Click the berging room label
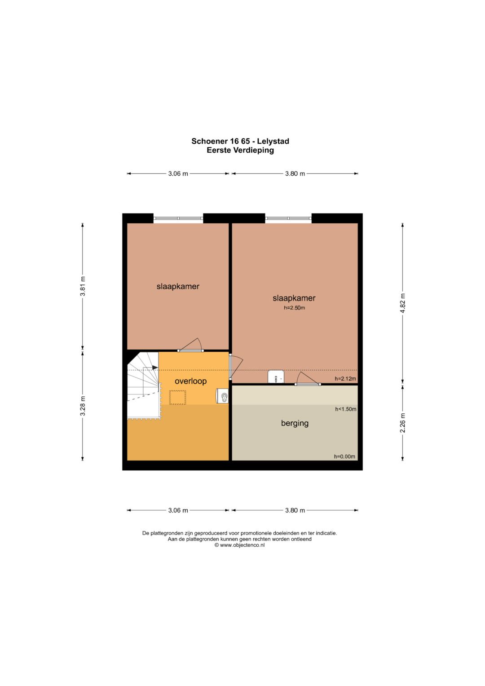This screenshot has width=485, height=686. tap(295, 423)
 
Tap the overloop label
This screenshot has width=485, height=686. tap(190, 381)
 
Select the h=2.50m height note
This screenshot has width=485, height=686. tap(294, 308)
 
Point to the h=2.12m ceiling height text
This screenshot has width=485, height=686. tap(345, 379)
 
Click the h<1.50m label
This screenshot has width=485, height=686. tap(346, 409)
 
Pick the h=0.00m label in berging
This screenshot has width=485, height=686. tap(344, 456)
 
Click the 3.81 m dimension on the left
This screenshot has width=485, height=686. tap(82, 286)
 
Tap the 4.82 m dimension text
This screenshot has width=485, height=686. tap(403, 303)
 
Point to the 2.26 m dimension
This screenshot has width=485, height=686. tap(403, 423)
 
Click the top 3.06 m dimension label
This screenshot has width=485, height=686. tap(178, 174)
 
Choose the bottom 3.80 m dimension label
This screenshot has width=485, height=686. tap(295, 510)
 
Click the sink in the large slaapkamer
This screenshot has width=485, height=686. tap(276, 376)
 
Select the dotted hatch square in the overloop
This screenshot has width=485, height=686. tap(177, 398)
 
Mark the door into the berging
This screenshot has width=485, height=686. tap(308, 379)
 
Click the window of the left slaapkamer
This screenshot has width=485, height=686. tap(178, 218)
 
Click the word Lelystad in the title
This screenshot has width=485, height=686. tap(273, 141)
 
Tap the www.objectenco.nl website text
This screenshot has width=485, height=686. tap(242, 545)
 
